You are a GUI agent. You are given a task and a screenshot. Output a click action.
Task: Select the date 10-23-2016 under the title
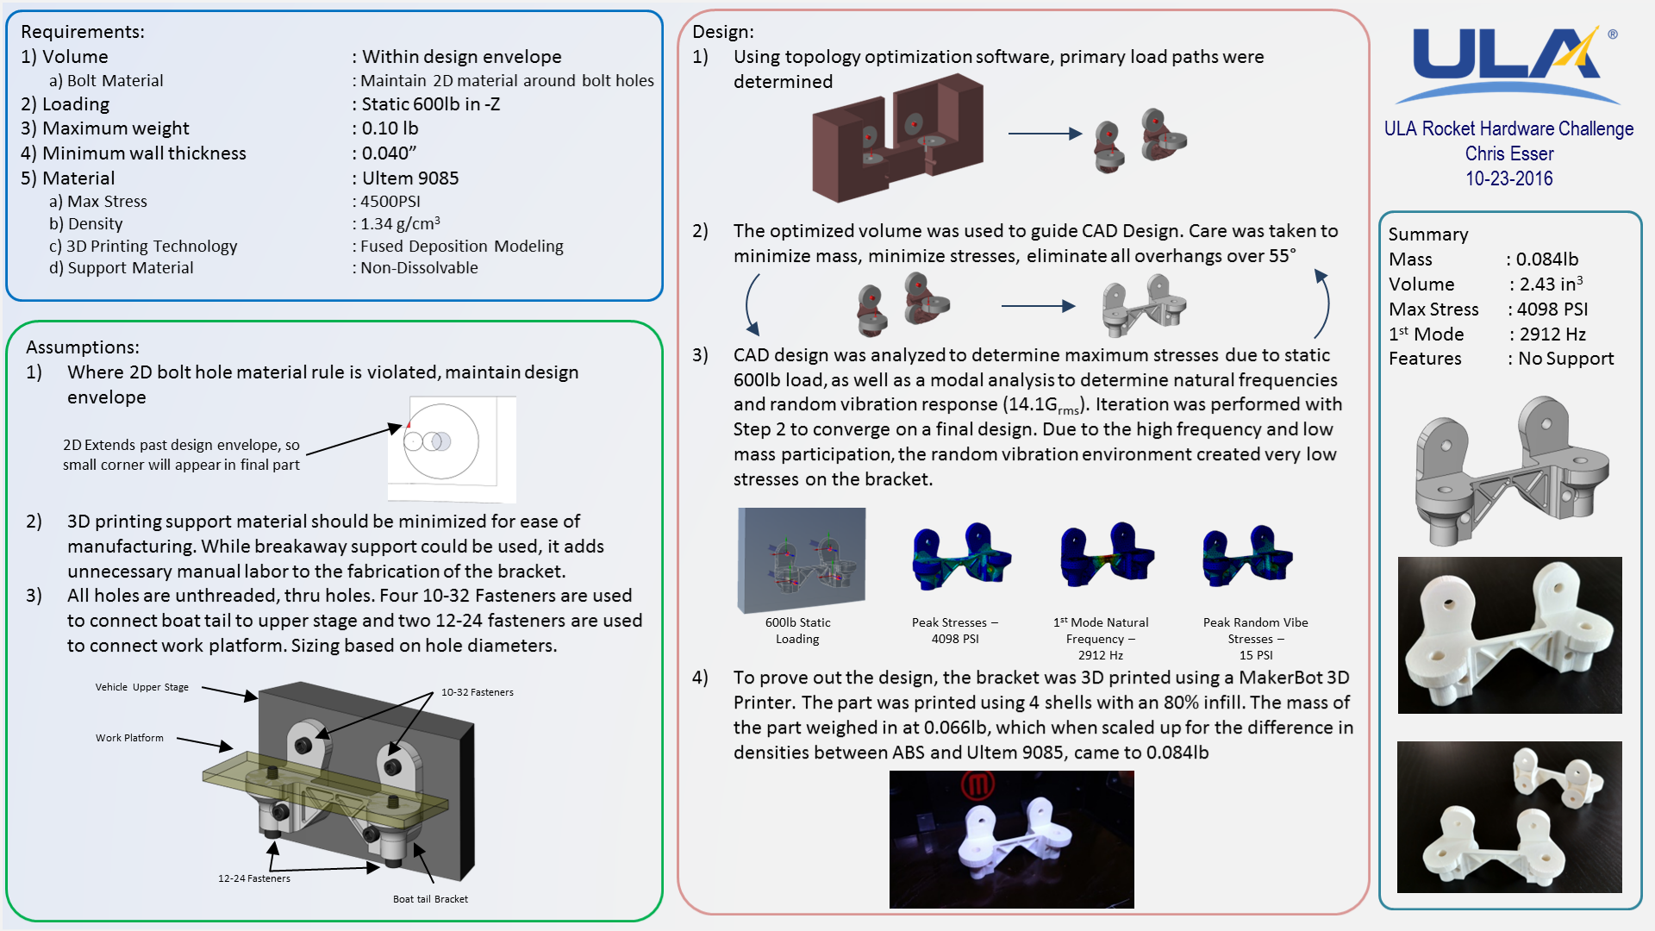point(1508,178)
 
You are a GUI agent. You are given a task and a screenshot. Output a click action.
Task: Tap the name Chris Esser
point(1508,153)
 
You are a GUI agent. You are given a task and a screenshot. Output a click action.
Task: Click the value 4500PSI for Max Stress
point(390,201)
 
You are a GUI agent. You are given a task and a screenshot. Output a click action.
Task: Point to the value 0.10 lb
point(390,128)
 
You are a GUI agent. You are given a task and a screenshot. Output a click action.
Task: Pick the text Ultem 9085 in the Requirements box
point(410,178)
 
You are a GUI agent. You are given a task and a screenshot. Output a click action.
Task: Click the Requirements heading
point(83,32)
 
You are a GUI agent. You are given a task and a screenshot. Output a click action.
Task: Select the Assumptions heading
point(83,347)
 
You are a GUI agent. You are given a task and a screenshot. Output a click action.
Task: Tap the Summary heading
point(1428,234)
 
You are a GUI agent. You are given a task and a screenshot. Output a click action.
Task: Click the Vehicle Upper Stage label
point(142,687)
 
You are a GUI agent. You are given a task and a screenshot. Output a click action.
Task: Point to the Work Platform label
point(129,738)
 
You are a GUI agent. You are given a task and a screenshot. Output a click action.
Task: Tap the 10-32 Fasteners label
point(478,692)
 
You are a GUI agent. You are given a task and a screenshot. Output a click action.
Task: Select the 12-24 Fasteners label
point(254,878)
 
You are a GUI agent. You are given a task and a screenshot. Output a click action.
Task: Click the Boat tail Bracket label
point(430,899)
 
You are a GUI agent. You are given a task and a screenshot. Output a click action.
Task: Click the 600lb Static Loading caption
point(798,630)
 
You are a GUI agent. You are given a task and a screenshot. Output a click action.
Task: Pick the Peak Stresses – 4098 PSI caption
point(955,630)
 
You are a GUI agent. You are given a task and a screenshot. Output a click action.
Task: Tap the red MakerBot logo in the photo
point(978,784)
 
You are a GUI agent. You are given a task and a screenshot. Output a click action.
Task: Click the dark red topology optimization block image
point(898,138)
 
